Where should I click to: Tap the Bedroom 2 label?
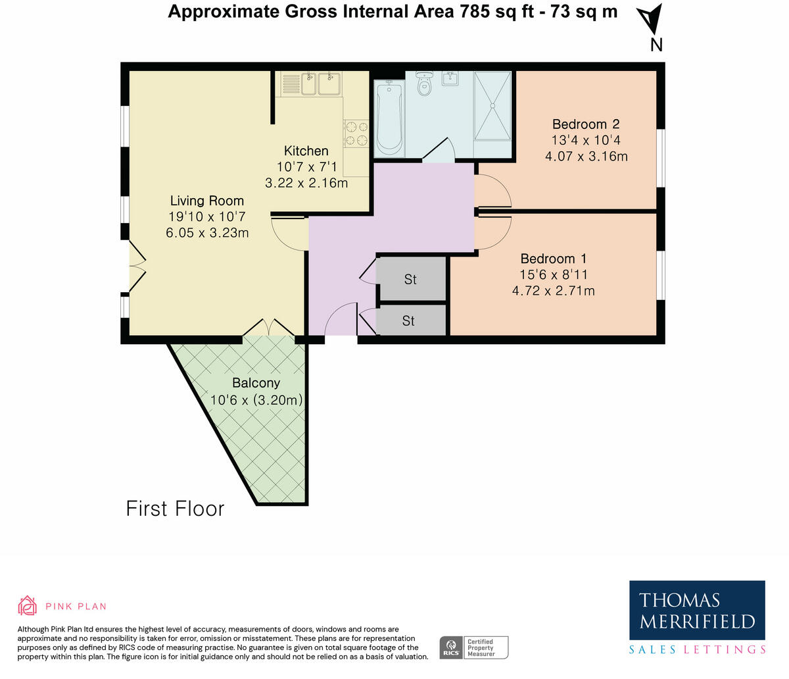585,124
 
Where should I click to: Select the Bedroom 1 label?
553,259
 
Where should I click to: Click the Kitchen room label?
306,151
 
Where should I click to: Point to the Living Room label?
207,201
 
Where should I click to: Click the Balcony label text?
256,383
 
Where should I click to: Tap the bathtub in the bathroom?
389,116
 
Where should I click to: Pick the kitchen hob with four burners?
356,132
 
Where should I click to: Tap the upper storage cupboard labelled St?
411,280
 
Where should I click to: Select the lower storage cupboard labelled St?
409,320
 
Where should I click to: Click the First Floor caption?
175,509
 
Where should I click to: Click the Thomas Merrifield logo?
697,610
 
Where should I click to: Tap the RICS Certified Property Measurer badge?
473,647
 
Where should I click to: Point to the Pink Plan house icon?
27,605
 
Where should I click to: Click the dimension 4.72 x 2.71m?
553,290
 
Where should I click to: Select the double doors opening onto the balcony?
268,328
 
